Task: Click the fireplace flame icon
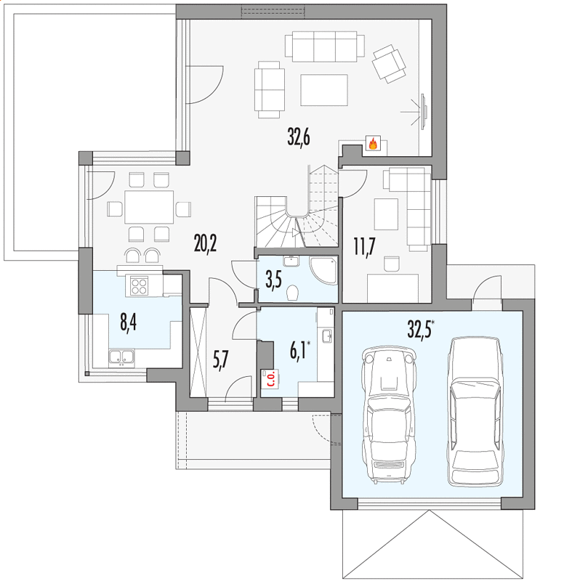point(373,143)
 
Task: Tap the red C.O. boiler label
point(270,378)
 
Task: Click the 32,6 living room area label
point(299,137)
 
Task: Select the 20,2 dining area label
point(205,243)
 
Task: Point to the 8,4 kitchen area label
point(129,322)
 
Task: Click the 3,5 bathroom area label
point(273,280)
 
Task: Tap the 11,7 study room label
point(364,247)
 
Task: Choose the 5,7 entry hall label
point(221,359)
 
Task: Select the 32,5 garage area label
point(421,329)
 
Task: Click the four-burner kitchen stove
point(139,285)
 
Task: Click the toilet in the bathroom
point(293,293)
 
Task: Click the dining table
point(149,207)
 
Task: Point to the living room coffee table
point(324,90)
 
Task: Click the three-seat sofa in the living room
point(325,46)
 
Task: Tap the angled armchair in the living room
point(389,64)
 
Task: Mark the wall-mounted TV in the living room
point(423,111)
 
